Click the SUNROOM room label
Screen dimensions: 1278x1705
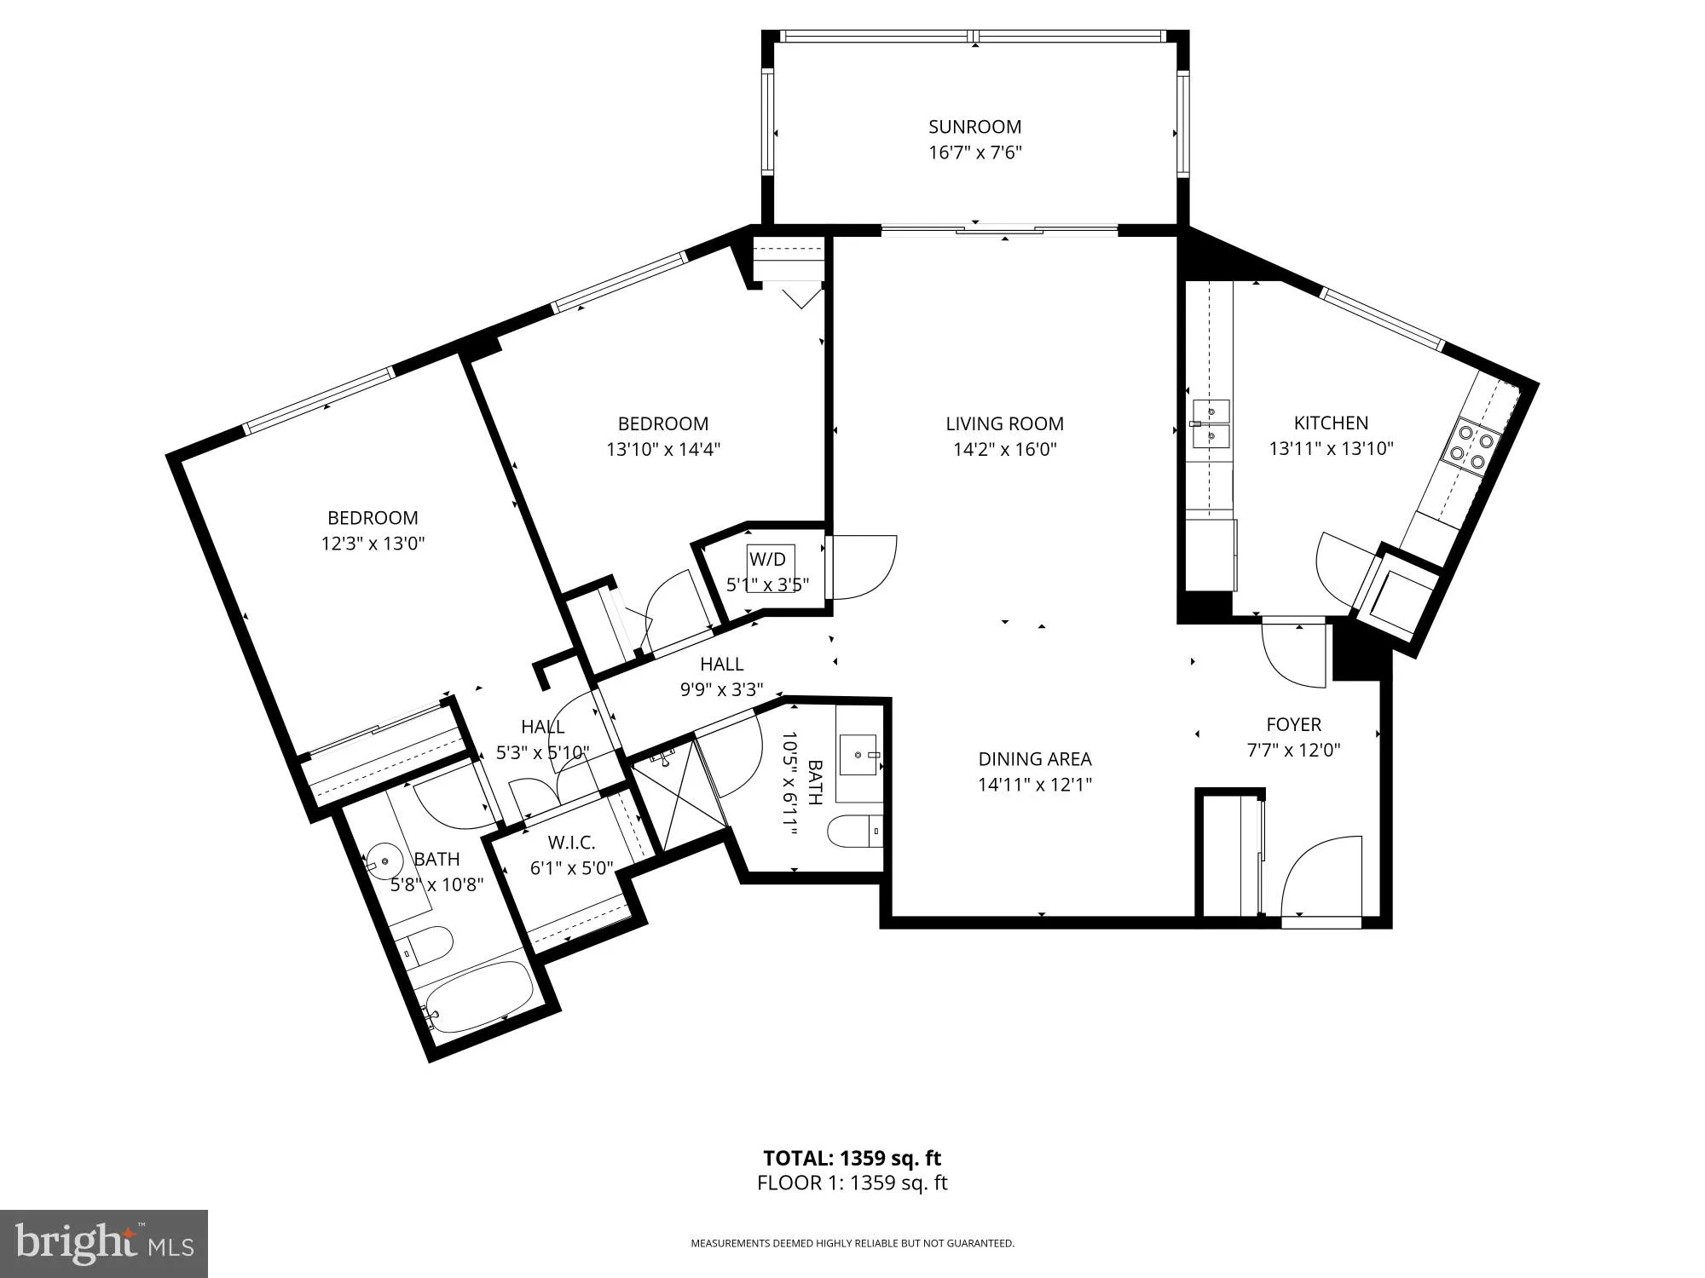pyautogui.click(x=974, y=127)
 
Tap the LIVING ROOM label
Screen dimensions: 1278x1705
pyautogui.click(x=1004, y=423)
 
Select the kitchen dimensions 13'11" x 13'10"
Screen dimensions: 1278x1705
pyautogui.click(x=1331, y=448)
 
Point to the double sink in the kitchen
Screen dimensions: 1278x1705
pyautogui.click(x=1210, y=423)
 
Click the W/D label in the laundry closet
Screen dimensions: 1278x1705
pyautogui.click(x=767, y=560)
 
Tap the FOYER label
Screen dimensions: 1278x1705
pyautogui.click(x=1293, y=724)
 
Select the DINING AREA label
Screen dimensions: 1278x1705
pyautogui.click(x=1034, y=759)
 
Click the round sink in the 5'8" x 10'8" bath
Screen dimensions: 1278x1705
pyautogui.click(x=384, y=861)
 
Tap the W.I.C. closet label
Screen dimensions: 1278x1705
pyautogui.click(x=571, y=843)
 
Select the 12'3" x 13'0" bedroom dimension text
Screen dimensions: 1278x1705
pyautogui.click(x=373, y=544)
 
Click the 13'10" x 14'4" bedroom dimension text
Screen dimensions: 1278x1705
pyautogui.click(x=663, y=449)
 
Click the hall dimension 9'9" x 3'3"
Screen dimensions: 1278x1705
pyautogui.click(x=721, y=689)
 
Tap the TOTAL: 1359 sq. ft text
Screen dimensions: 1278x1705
pyautogui.click(x=852, y=1158)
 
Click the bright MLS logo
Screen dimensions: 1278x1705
pyautogui.click(x=103, y=1243)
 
